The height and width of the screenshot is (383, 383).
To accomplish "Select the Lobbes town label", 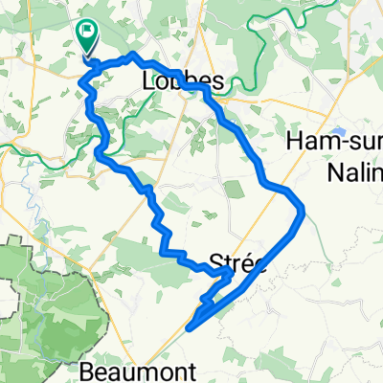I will tap(183, 83).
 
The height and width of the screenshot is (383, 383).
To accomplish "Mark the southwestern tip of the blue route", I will tap(189, 328).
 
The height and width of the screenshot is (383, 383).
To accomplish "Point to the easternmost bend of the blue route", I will tap(304, 208).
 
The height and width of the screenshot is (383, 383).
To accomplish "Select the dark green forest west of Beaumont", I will tap(38, 306).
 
